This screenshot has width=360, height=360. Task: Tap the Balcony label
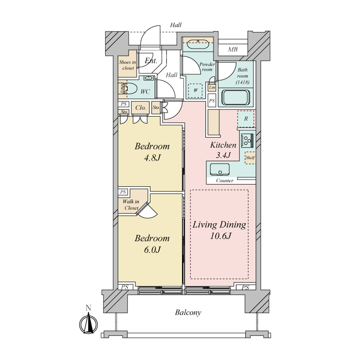coord(188,312)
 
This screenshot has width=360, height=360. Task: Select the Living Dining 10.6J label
coord(219,230)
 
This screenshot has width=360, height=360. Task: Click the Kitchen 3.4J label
coord(223,150)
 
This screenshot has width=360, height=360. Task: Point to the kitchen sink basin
coord(220,170)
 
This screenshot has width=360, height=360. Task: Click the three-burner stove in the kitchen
coord(247,140)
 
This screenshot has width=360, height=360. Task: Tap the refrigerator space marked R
coord(246,119)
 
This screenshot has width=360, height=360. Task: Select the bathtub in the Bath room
coord(235,98)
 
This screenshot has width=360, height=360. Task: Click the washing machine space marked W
coord(195,90)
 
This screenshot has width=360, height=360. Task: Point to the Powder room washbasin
coord(198,44)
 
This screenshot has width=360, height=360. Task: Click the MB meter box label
coord(233,49)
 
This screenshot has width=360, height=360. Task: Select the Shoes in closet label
coord(127,65)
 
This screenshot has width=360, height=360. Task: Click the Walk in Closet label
coord(131,205)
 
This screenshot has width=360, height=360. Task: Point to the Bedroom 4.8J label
coord(152,152)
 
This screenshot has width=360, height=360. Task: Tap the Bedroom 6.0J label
coord(152,244)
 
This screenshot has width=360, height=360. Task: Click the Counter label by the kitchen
coord(225,181)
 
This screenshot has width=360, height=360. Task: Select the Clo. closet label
coord(140,108)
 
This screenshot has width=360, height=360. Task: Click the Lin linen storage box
coord(212,87)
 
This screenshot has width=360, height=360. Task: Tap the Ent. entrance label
coord(151,61)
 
